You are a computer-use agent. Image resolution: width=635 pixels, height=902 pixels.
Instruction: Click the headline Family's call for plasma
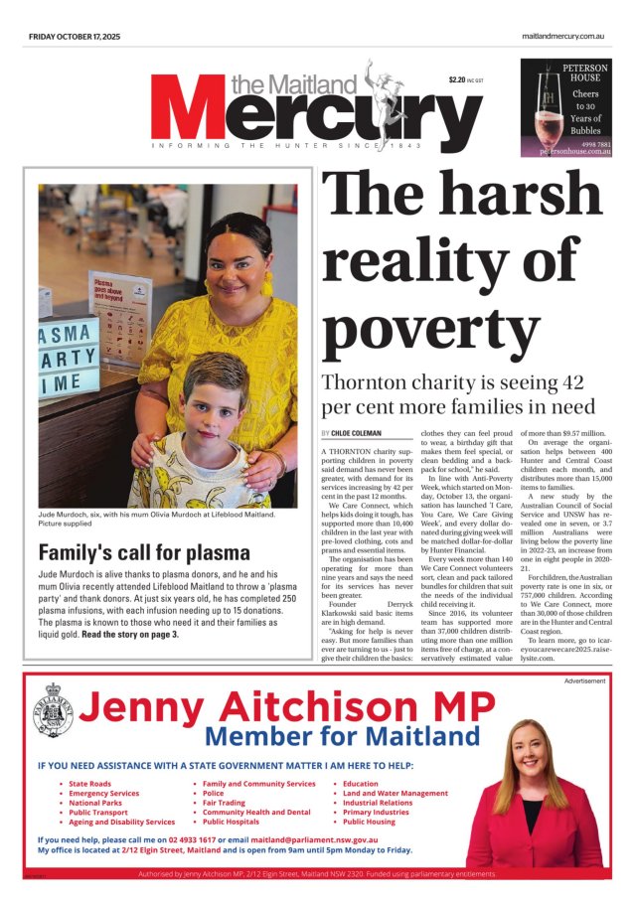click(x=137, y=553)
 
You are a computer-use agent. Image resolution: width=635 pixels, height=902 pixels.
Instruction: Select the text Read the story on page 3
click(x=129, y=633)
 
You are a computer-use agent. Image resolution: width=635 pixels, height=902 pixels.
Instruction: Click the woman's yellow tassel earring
click(x=266, y=285)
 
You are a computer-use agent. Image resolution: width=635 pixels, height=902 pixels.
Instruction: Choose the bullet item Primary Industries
click(x=376, y=812)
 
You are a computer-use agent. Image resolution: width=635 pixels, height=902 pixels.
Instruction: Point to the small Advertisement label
click(x=585, y=681)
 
